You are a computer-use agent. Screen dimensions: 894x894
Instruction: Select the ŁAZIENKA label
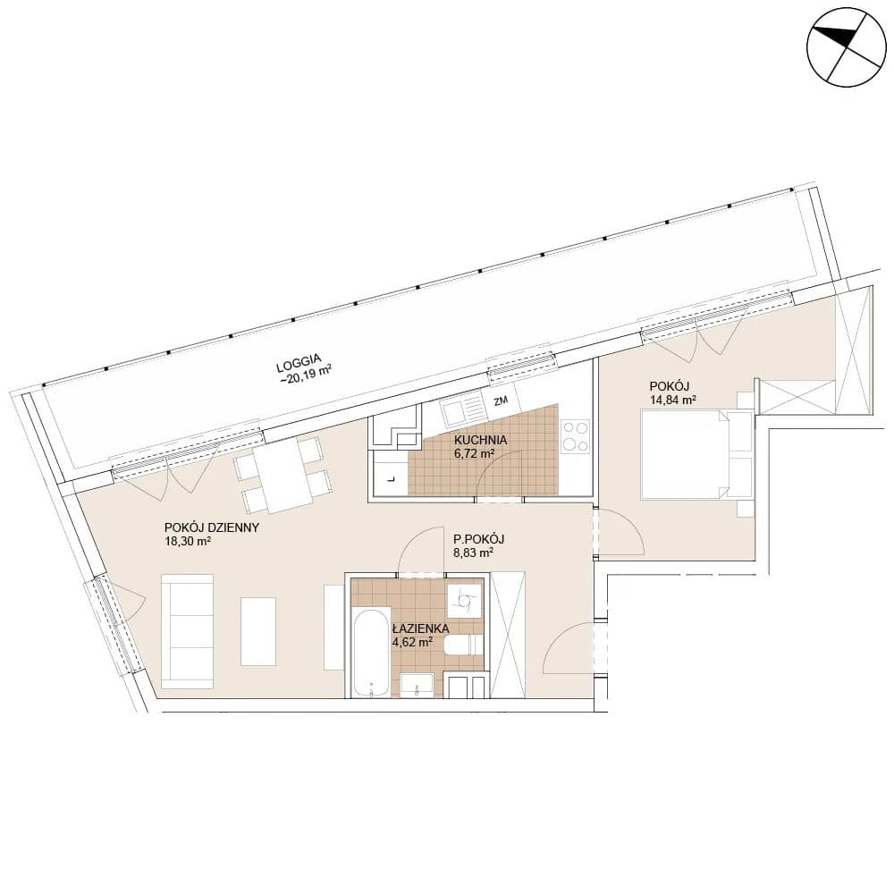click(x=420, y=628)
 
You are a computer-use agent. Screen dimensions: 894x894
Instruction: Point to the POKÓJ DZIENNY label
click(x=212, y=527)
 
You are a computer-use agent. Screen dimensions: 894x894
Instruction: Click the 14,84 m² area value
click(x=673, y=401)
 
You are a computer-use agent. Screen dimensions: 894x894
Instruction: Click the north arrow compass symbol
click(x=847, y=47)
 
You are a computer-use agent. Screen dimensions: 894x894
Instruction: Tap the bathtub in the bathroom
click(x=371, y=654)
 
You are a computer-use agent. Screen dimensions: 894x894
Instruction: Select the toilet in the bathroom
click(x=463, y=645)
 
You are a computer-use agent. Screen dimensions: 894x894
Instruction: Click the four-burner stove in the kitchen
click(x=575, y=435)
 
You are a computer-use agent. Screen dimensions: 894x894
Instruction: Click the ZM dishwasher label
click(x=501, y=401)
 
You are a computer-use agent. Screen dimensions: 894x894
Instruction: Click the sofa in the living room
click(x=188, y=631)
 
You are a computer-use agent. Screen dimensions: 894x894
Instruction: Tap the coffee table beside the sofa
click(x=258, y=631)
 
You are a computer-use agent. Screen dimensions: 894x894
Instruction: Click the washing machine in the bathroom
click(x=464, y=600)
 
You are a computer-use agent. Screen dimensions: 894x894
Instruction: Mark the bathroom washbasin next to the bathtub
click(x=417, y=686)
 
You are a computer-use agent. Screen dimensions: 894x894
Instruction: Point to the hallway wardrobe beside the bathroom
click(x=508, y=634)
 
